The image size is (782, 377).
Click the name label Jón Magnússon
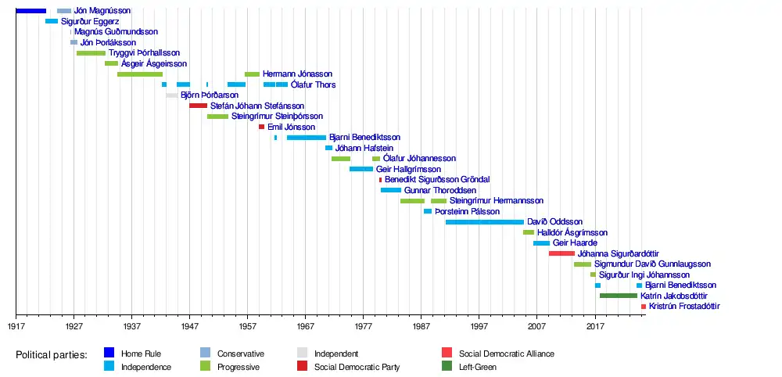102,11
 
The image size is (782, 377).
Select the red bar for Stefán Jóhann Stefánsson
199,106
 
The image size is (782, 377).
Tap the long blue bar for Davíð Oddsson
485,222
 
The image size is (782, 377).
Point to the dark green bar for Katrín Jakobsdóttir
619,296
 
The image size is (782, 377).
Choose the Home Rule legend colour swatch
109,354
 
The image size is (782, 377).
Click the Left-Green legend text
478,367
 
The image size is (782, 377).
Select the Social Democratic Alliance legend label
507,354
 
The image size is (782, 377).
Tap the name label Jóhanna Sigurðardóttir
618,253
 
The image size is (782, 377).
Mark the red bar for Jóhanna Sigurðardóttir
561,253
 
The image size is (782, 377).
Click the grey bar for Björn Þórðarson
172,95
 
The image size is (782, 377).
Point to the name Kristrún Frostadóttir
684,307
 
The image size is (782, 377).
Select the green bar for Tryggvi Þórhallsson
91,53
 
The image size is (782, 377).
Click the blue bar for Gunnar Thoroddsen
391,190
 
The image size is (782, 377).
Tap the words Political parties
52,355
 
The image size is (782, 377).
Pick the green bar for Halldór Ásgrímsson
529,232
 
